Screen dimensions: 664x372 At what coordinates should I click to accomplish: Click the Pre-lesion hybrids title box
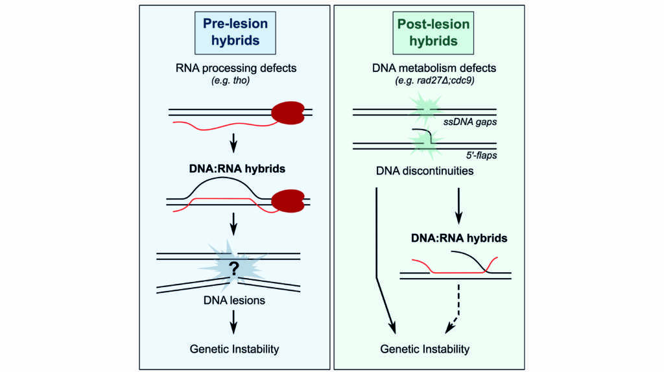tap(235, 33)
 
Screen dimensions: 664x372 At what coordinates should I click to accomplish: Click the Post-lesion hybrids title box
tap(433, 33)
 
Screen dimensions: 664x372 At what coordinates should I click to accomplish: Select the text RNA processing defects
tap(236, 68)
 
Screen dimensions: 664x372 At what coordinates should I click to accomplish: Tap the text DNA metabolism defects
tap(434, 68)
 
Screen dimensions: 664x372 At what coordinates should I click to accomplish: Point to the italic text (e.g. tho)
tap(230, 80)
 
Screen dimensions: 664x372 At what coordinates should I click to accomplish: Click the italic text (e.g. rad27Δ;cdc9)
tap(434, 80)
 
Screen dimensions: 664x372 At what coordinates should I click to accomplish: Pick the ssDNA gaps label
tap(470, 122)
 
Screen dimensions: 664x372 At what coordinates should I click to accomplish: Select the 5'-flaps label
tap(482, 156)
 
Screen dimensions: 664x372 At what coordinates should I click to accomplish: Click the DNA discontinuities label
tap(425, 171)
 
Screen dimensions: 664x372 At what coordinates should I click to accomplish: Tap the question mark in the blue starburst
tap(233, 268)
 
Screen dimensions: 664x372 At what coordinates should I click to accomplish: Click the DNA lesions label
tap(234, 301)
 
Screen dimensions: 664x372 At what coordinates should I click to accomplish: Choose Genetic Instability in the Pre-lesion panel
tap(234, 349)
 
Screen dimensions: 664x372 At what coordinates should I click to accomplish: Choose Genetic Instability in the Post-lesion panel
tap(425, 349)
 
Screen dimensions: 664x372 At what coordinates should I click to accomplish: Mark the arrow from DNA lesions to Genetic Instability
tap(233, 323)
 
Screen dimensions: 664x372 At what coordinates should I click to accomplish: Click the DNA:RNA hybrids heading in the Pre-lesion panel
tap(237, 169)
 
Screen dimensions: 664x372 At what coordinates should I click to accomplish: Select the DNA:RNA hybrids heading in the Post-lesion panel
tap(459, 238)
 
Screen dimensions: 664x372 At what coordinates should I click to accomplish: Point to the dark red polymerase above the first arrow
tap(288, 113)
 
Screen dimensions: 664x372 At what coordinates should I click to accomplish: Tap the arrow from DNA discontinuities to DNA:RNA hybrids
tap(458, 206)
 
